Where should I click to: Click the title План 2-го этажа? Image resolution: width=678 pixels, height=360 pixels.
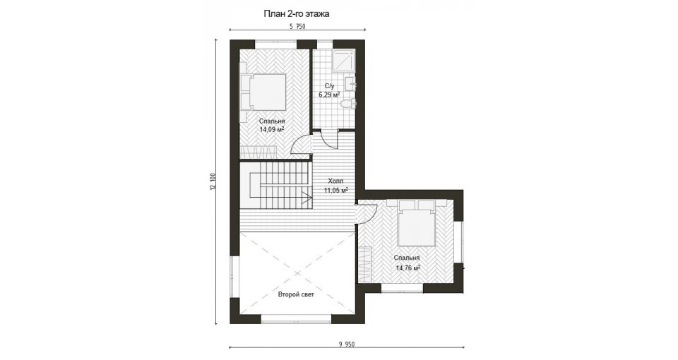click(x=297, y=14)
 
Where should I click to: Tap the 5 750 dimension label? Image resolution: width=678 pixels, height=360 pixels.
click(x=297, y=26)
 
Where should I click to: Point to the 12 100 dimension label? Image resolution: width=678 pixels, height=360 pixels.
click(x=212, y=181)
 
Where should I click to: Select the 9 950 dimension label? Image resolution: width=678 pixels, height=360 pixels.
click(x=346, y=344)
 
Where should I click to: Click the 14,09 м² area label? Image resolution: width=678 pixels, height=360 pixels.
click(x=271, y=128)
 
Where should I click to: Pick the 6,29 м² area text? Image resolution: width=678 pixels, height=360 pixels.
click(x=329, y=95)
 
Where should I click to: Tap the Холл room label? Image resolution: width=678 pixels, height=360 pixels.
click(x=335, y=181)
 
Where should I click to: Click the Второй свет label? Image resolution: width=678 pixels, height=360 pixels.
click(x=296, y=295)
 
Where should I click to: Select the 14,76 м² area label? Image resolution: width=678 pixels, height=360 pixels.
click(x=408, y=268)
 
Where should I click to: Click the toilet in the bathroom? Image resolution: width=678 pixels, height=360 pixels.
click(x=347, y=104)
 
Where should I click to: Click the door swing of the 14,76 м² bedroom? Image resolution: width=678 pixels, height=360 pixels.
click(x=367, y=213)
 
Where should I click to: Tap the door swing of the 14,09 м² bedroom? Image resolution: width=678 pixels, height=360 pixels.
click(x=301, y=144)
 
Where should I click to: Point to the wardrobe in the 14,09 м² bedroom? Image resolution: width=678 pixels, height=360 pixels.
click(x=258, y=152)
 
